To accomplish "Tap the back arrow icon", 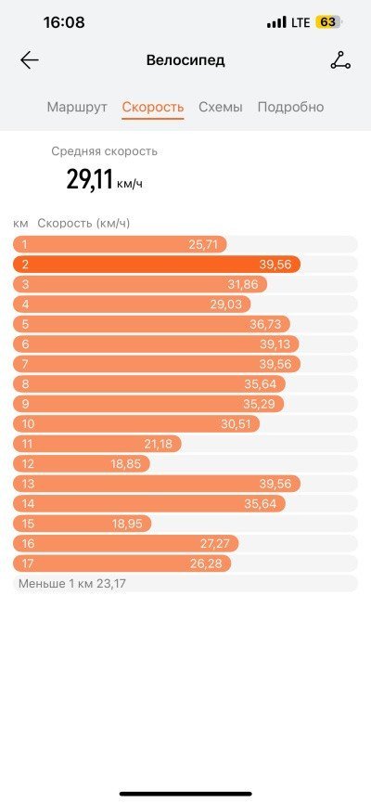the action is pyautogui.click(x=30, y=60).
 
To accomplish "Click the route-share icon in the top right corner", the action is pyautogui.click(x=340, y=61).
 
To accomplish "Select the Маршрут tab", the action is pyautogui.click(x=77, y=107).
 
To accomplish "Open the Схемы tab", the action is pyautogui.click(x=221, y=107).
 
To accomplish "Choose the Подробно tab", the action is pyautogui.click(x=290, y=107).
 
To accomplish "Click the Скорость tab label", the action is pyautogui.click(x=152, y=107).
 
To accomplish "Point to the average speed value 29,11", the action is pyautogui.click(x=90, y=180).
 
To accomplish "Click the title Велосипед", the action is pyautogui.click(x=185, y=60).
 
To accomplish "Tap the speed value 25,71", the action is pyautogui.click(x=203, y=245).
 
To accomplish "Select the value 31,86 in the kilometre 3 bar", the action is pyautogui.click(x=243, y=285).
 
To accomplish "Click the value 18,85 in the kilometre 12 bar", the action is pyautogui.click(x=126, y=464).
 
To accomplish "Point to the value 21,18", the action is pyautogui.click(x=158, y=444).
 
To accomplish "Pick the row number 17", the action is pyautogui.click(x=28, y=563).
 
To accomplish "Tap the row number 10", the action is pyautogui.click(x=28, y=424).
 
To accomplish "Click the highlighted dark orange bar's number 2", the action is pyautogui.click(x=25, y=265).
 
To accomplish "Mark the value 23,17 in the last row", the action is pyautogui.click(x=115, y=583).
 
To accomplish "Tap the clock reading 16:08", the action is pyautogui.click(x=64, y=22).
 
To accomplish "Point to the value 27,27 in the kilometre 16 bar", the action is pyautogui.click(x=215, y=543).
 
